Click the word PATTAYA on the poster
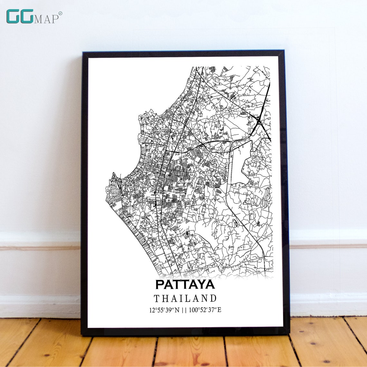(x=185, y=285)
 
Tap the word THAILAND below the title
(x=185, y=298)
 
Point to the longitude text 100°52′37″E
(x=205, y=310)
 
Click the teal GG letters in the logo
(x=20, y=16)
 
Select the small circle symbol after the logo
(x=61, y=13)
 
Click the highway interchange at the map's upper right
(x=259, y=121)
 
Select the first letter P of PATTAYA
(x=160, y=285)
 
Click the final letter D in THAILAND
(x=213, y=298)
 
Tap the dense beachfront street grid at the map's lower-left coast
(x=135, y=232)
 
